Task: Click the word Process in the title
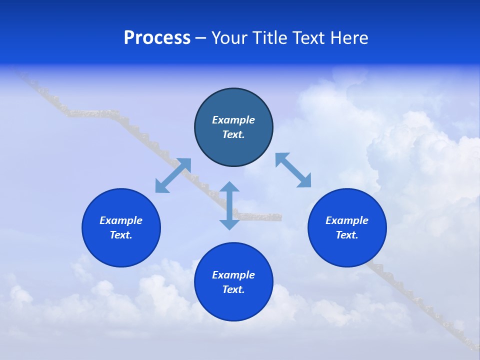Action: (x=157, y=38)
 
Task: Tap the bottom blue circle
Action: (x=233, y=305)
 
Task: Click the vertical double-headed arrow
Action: (x=229, y=205)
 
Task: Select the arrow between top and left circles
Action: (x=173, y=175)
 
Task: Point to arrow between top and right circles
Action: (x=293, y=170)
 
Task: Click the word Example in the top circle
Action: (x=233, y=120)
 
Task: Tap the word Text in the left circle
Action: (x=121, y=235)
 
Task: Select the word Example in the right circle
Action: (x=347, y=220)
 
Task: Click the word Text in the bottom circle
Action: (x=233, y=289)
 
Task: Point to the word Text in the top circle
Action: (x=233, y=134)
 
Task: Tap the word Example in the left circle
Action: (x=121, y=220)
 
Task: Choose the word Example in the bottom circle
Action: (x=233, y=275)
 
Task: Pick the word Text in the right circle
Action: (x=347, y=235)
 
